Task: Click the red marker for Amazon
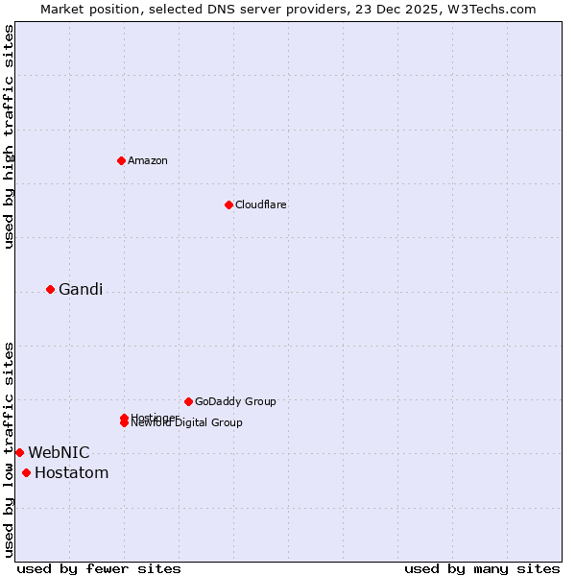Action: [121, 160]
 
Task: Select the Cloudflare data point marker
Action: [228, 204]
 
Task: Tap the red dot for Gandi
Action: [50, 289]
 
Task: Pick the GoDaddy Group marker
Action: [188, 401]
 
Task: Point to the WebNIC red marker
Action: [19, 452]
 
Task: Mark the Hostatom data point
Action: [26, 472]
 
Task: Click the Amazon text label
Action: [148, 160]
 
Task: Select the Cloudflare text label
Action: [261, 204]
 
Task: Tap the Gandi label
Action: [81, 290]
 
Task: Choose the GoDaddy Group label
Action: [235, 401]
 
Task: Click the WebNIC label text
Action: [59, 452]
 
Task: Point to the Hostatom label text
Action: [71, 472]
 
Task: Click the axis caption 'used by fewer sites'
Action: [99, 569]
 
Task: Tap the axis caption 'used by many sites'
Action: [482, 569]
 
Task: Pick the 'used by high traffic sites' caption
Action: [10, 136]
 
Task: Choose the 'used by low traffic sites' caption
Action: [10, 448]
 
